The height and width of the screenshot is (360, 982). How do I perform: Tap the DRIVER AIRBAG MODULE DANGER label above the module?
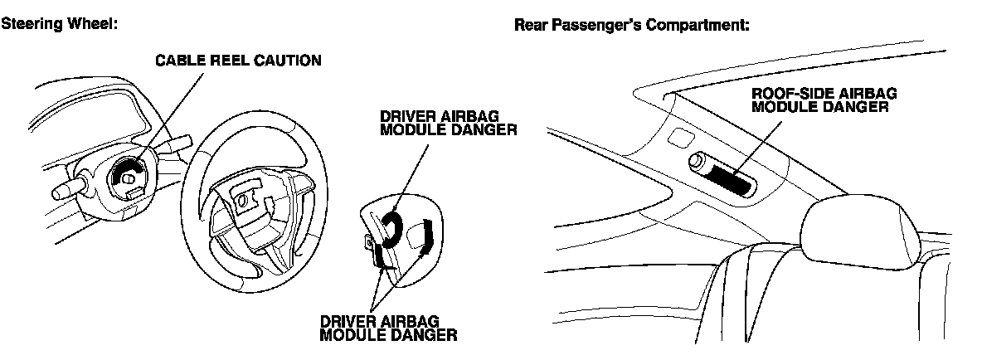[x=448, y=124]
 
